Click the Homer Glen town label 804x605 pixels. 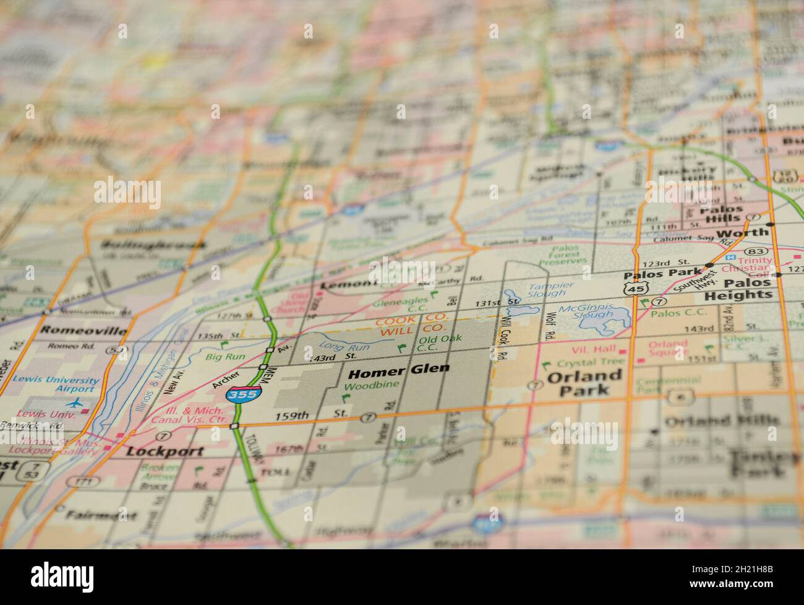(399, 372)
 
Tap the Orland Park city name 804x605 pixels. (584, 383)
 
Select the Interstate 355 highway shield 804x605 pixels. (244, 393)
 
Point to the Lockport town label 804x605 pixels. (165, 451)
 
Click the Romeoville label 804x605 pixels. (83, 330)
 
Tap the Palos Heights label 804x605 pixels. (748, 289)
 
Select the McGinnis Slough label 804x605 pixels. (585, 311)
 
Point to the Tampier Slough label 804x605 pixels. (550, 290)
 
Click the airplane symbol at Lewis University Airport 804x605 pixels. (76, 403)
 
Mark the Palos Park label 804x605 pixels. (662, 274)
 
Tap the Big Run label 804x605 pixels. (226, 357)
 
